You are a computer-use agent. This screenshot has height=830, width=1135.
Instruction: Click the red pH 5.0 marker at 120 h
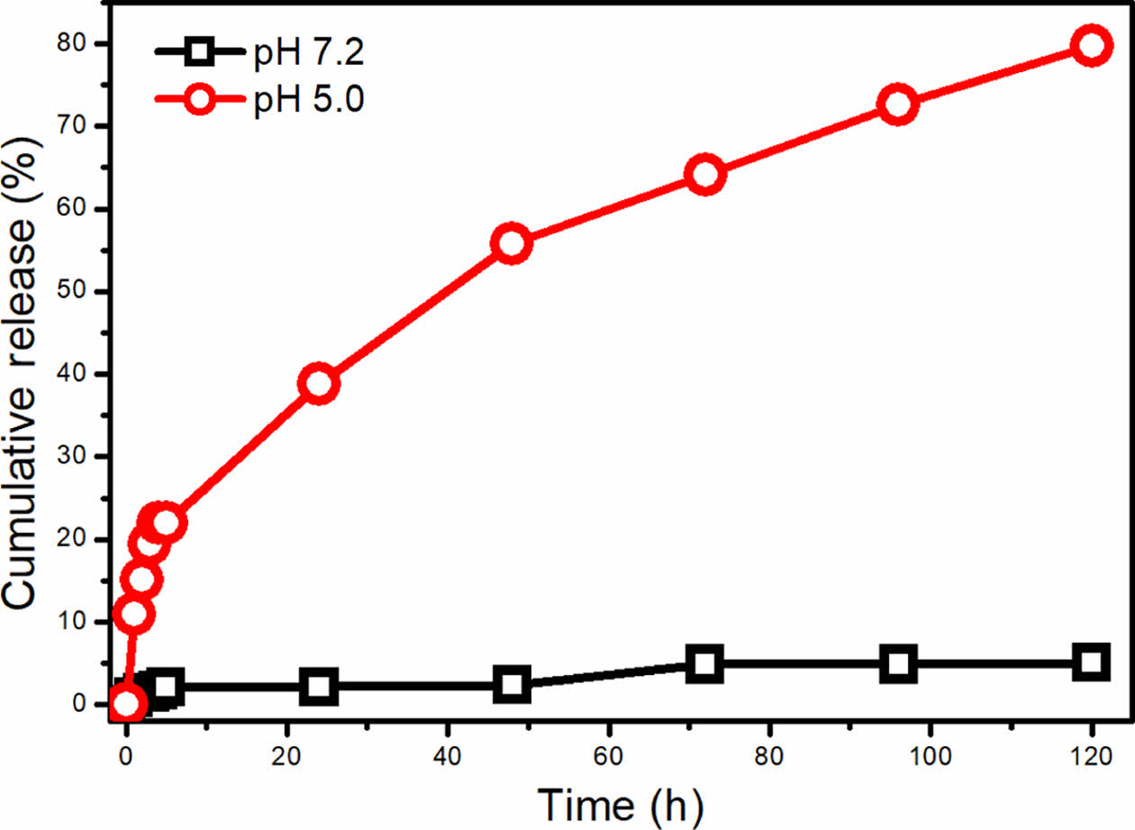[1091, 45]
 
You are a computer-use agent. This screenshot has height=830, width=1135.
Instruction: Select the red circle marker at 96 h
[897, 105]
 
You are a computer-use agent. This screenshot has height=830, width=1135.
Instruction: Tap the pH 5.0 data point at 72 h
[705, 174]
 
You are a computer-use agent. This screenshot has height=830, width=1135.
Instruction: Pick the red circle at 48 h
[512, 244]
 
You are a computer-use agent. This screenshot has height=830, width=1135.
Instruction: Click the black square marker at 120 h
[1091, 662]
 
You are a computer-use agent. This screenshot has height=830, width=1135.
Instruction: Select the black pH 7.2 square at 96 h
[897, 664]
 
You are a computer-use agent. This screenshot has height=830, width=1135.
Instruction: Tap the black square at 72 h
[705, 664]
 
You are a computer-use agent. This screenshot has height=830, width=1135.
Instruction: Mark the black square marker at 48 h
[512, 685]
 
